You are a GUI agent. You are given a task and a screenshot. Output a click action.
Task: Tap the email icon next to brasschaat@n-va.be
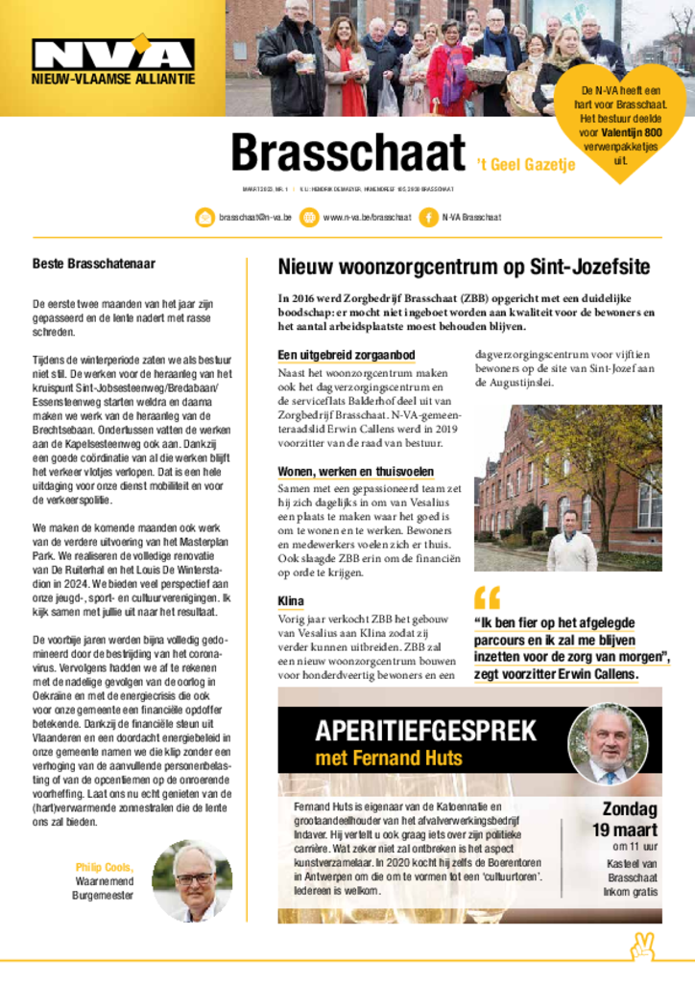tap(205, 218)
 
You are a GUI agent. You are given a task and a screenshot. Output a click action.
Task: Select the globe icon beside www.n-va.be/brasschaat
tap(309, 218)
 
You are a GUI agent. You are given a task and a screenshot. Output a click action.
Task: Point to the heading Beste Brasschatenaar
tap(94, 264)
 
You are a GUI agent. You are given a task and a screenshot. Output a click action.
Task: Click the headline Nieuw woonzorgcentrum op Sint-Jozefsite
tap(464, 267)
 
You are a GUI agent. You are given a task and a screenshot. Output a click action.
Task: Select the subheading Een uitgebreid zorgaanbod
tap(346, 356)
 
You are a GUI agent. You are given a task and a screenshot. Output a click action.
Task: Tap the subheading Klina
tap(291, 601)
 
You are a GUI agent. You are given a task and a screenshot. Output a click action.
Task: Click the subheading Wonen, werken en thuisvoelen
tap(355, 472)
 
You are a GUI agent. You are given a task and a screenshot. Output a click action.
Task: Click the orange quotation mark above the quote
tap(487, 598)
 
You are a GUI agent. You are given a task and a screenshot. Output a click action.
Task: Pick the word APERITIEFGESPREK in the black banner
tap(425, 730)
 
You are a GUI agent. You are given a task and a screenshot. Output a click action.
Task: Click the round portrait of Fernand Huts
tap(608, 743)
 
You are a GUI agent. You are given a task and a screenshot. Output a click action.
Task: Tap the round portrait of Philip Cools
tap(192, 880)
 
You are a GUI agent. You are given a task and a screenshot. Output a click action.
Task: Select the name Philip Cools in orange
tap(105, 867)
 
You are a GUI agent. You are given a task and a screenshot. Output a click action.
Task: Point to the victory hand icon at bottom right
tap(641, 947)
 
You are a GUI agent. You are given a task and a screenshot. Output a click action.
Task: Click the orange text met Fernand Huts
tap(389, 760)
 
